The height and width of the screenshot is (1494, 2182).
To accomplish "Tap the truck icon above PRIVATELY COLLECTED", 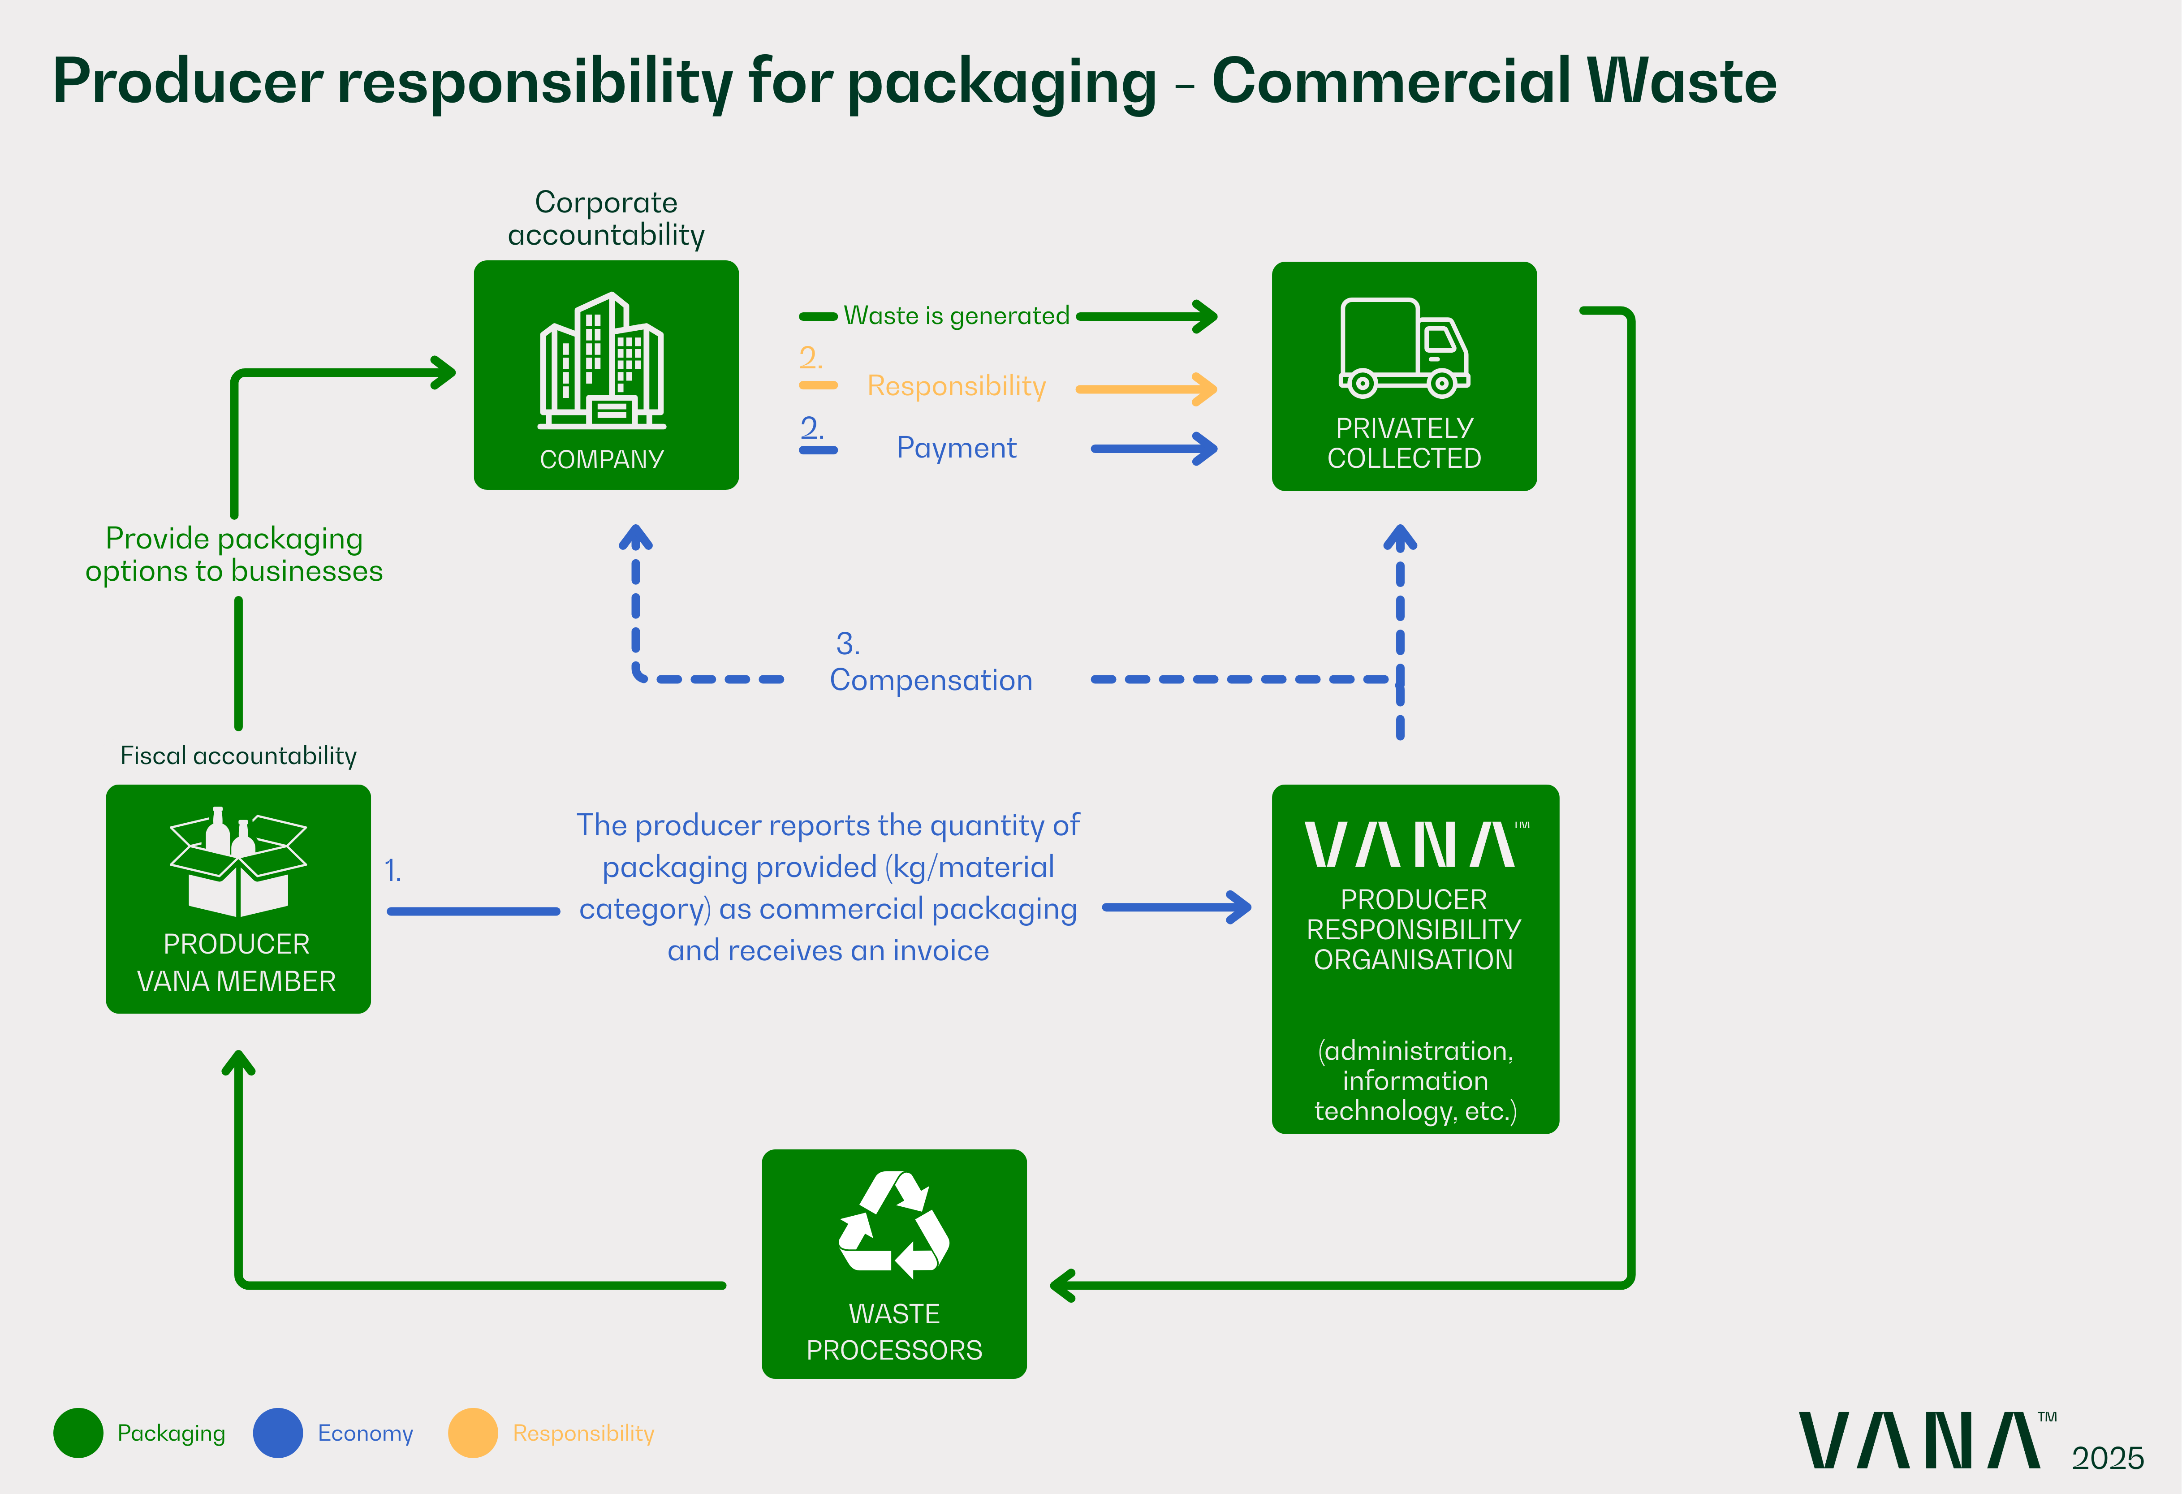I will (x=1404, y=347).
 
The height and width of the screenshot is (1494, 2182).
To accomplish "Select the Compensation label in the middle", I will (x=931, y=680).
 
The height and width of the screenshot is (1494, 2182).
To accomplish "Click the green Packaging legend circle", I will (x=78, y=1433).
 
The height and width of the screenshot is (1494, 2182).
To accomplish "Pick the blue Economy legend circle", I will (x=278, y=1433).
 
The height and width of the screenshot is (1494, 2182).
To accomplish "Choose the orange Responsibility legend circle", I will (x=472, y=1433).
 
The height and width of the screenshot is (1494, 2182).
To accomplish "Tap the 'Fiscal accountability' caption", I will (x=238, y=756).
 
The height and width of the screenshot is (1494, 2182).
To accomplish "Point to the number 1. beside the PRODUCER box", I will (x=392, y=872).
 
